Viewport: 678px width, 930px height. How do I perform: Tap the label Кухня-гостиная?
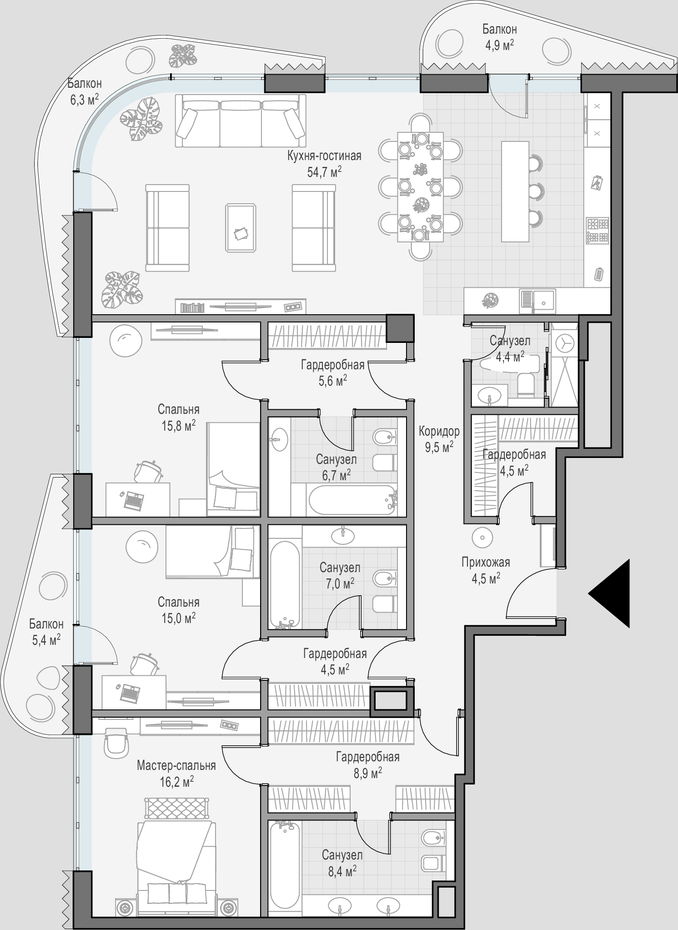[324, 156]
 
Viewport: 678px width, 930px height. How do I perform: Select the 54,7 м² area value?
[324, 171]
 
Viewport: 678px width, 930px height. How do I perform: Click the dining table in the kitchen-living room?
[420, 187]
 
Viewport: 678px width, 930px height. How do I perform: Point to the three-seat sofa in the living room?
[240, 121]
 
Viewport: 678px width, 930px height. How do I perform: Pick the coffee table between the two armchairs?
[241, 227]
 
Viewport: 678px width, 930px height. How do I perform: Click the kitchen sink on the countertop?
[537, 301]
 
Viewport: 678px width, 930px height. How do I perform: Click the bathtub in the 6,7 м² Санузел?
[352, 500]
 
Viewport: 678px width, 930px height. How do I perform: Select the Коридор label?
[439, 431]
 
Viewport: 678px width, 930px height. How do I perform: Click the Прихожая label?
[486, 562]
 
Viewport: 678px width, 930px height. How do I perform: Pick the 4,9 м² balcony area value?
[499, 45]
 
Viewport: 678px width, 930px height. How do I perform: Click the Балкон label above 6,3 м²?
[85, 83]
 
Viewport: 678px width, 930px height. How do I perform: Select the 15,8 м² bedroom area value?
[178, 425]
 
